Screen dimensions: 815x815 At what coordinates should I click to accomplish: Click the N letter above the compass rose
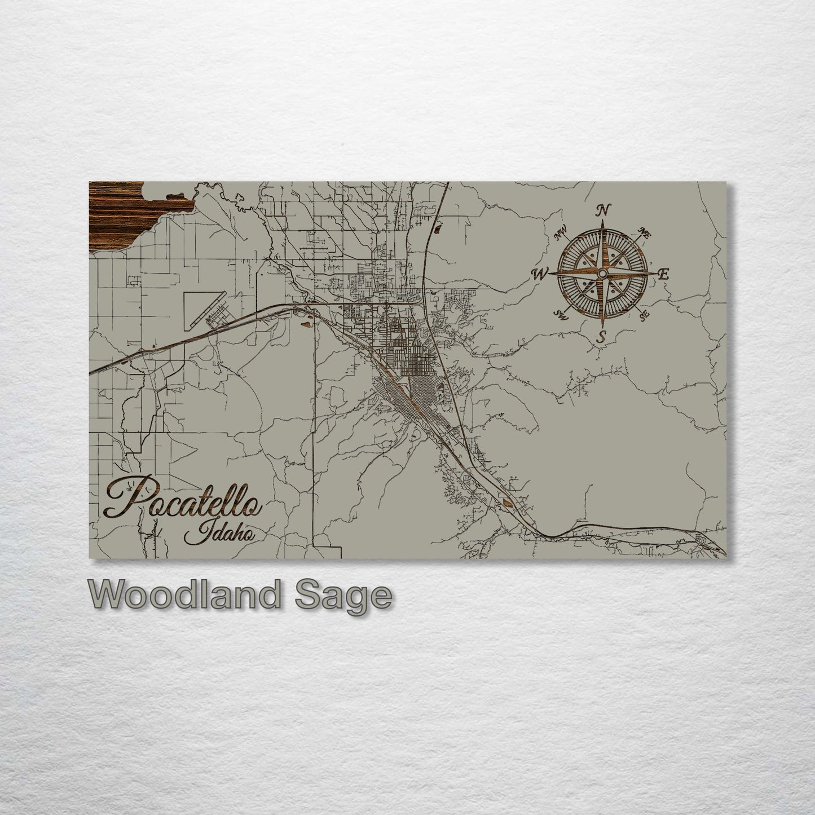pyautogui.click(x=602, y=210)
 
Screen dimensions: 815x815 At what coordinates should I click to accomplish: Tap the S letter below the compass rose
pyautogui.click(x=602, y=337)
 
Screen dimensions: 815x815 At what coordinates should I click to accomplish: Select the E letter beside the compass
pyautogui.click(x=664, y=275)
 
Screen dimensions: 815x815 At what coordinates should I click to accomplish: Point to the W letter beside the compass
pyautogui.click(x=539, y=274)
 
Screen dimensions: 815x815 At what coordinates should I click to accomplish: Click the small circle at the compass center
pyautogui.click(x=602, y=274)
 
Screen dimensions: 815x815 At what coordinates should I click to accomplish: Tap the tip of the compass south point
pyautogui.click(x=602, y=328)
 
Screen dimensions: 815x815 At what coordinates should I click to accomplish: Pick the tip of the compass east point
pyautogui.click(x=656, y=274)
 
